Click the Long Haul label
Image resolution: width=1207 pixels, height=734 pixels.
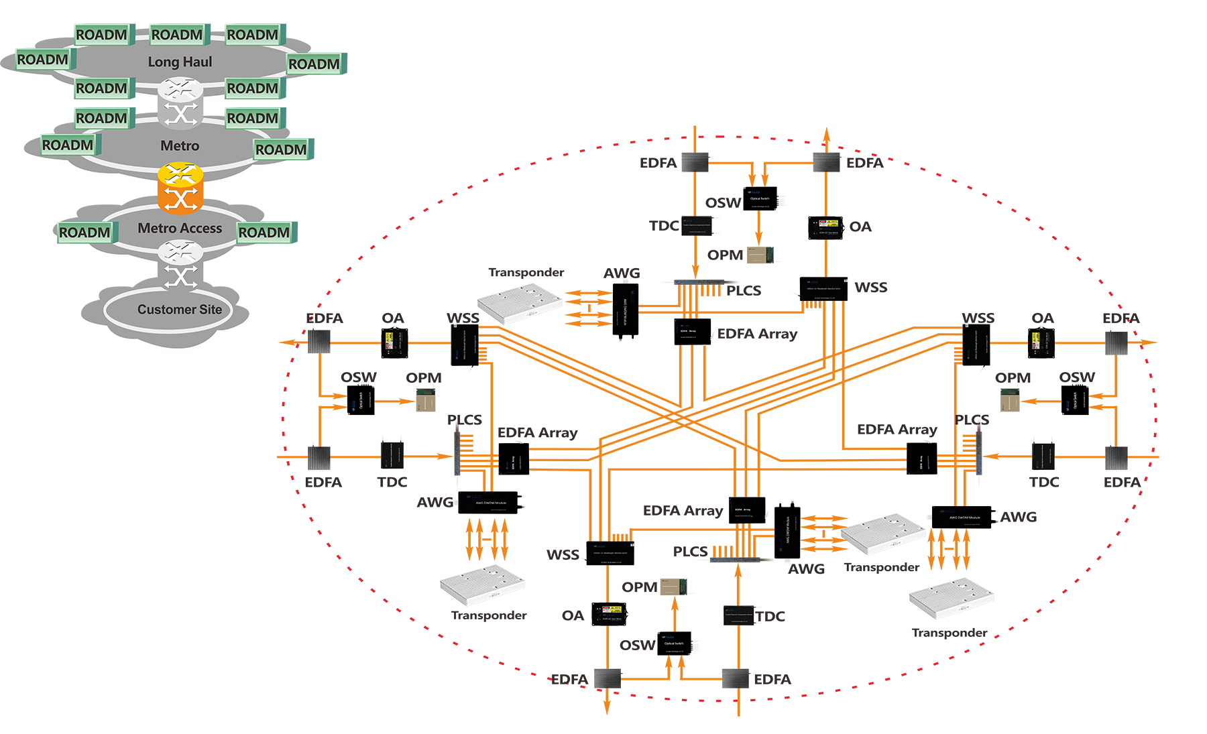point(180,62)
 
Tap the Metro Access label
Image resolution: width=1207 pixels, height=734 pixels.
point(180,229)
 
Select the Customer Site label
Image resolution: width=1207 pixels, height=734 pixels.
point(180,310)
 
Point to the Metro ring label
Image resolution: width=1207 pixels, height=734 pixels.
point(180,146)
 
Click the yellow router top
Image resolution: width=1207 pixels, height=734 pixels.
point(180,174)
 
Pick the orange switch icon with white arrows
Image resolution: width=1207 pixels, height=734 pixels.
point(180,198)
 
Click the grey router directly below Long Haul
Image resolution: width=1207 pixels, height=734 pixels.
point(180,88)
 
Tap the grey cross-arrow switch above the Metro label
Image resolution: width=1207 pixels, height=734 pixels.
point(180,115)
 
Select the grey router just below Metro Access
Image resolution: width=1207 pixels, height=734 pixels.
point(180,252)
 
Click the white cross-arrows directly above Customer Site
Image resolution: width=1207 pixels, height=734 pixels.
point(180,277)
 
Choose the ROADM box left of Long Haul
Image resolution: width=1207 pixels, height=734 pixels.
point(43,60)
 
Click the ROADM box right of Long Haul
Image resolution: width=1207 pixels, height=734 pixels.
point(314,64)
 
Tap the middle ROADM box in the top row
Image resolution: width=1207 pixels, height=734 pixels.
point(177,35)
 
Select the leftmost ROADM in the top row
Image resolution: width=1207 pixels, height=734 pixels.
point(101,35)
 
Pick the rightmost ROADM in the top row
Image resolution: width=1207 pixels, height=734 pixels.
point(252,35)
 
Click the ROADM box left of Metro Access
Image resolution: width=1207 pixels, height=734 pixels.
point(84,233)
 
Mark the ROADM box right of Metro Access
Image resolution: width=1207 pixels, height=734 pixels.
point(264,233)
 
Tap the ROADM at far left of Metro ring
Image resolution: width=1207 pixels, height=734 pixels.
point(68,145)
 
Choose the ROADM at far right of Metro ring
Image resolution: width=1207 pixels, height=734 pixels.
point(281,149)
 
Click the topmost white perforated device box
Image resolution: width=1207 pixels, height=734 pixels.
point(520,301)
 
